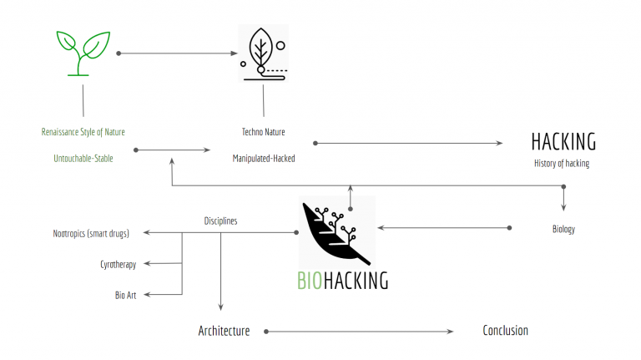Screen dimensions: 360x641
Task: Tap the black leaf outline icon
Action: (x=263, y=53)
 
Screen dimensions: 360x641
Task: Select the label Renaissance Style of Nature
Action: (x=83, y=132)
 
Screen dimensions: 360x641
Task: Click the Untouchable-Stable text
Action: (x=77, y=159)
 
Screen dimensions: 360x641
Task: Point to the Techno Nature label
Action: (x=264, y=132)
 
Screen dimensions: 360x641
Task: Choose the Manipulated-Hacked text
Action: (x=264, y=159)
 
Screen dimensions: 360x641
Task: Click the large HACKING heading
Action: (x=563, y=141)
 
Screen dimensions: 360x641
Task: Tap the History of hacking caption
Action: (x=562, y=164)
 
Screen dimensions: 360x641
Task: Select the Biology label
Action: (x=563, y=229)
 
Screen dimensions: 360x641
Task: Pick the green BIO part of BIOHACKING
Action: (x=310, y=281)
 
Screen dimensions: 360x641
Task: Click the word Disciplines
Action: (x=220, y=221)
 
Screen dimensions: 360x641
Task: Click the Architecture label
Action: (x=224, y=331)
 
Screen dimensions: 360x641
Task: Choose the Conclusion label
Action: (x=505, y=331)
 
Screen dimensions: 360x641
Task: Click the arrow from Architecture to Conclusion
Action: (x=359, y=332)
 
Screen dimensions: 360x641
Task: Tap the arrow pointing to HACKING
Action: (x=409, y=143)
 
